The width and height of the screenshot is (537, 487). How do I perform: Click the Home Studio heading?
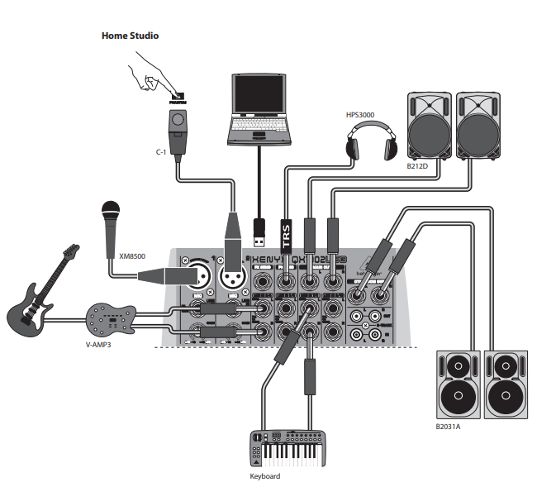(x=130, y=36)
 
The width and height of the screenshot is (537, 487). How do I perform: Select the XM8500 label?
(x=133, y=256)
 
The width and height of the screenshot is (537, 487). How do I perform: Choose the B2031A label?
(x=449, y=427)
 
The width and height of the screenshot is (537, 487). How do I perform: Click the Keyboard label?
(x=265, y=476)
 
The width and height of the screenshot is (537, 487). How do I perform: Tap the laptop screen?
(x=261, y=100)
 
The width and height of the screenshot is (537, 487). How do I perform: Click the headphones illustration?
(x=368, y=141)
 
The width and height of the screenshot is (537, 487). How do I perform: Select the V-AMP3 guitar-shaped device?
(x=111, y=317)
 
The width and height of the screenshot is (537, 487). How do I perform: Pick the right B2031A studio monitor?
(x=505, y=386)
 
